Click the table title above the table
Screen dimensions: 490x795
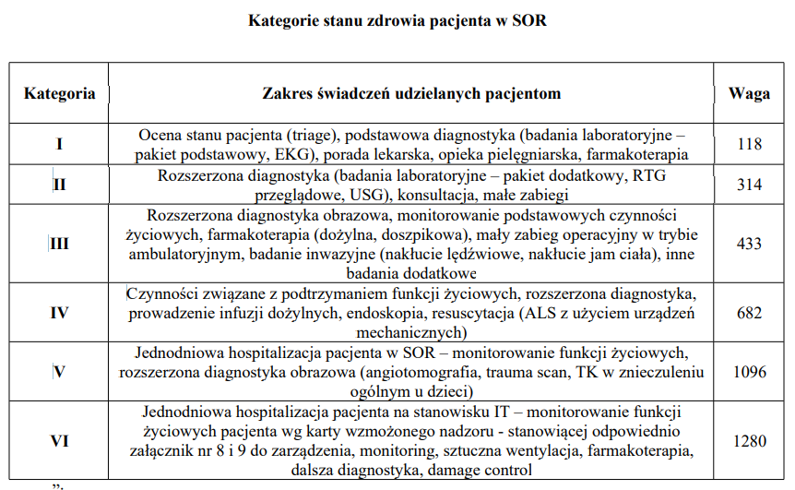tap(397, 20)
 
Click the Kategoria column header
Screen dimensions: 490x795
tap(60, 93)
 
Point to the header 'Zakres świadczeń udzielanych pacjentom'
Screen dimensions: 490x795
tap(411, 93)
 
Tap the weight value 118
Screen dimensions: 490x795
tap(749, 144)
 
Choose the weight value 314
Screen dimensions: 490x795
tap(749, 185)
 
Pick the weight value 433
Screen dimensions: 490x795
tap(749, 245)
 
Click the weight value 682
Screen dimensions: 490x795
tap(749, 313)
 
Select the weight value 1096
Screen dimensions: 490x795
tap(749, 373)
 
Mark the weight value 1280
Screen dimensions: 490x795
tap(749, 441)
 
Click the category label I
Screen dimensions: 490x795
tap(60, 144)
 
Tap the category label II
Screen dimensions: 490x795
tap(60, 185)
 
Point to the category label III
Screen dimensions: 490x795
tap(60, 245)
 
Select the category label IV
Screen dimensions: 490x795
tap(60, 313)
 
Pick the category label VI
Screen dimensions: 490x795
tap(60, 441)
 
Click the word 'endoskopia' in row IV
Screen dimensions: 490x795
tap(374, 314)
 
